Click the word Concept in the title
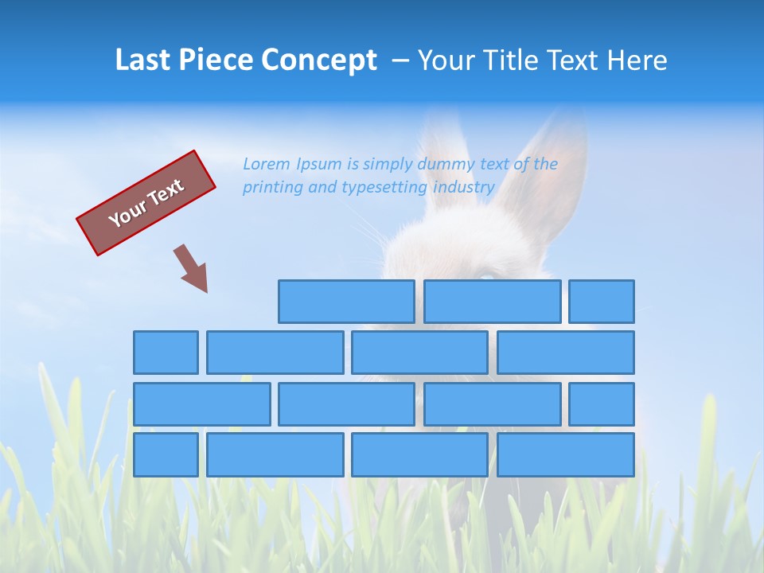(319, 60)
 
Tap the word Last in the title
(142, 60)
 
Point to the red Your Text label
(146, 203)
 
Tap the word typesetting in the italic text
(386, 188)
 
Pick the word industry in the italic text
(464, 188)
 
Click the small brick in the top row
(602, 302)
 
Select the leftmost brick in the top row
(346, 302)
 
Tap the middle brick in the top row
(492, 302)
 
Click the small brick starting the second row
(166, 353)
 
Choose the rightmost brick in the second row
(565, 353)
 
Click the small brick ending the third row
(602, 403)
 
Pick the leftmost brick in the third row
(201, 403)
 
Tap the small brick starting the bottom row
(166, 454)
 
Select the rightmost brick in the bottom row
(565, 454)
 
